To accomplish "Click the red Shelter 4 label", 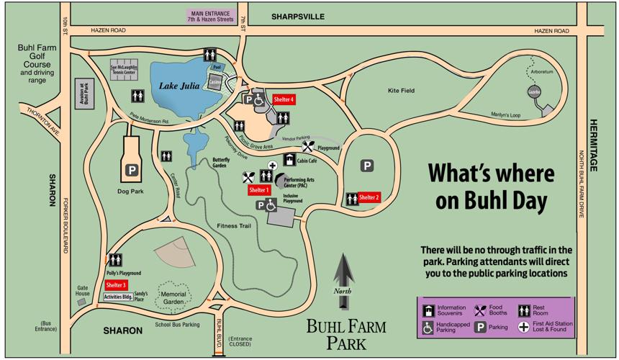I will (x=283, y=99).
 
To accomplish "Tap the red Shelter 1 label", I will (x=258, y=190).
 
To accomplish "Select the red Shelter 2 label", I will (x=369, y=197).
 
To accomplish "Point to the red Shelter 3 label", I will (x=116, y=285).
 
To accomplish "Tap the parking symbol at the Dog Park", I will (x=132, y=170).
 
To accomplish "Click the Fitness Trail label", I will (x=235, y=226).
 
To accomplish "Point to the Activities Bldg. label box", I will (x=117, y=297).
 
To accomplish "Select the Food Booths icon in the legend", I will (x=480, y=311).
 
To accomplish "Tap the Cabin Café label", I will (x=307, y=161).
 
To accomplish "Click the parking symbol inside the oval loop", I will (x=367, y=166).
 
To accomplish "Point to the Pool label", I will (x=216, y=66).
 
